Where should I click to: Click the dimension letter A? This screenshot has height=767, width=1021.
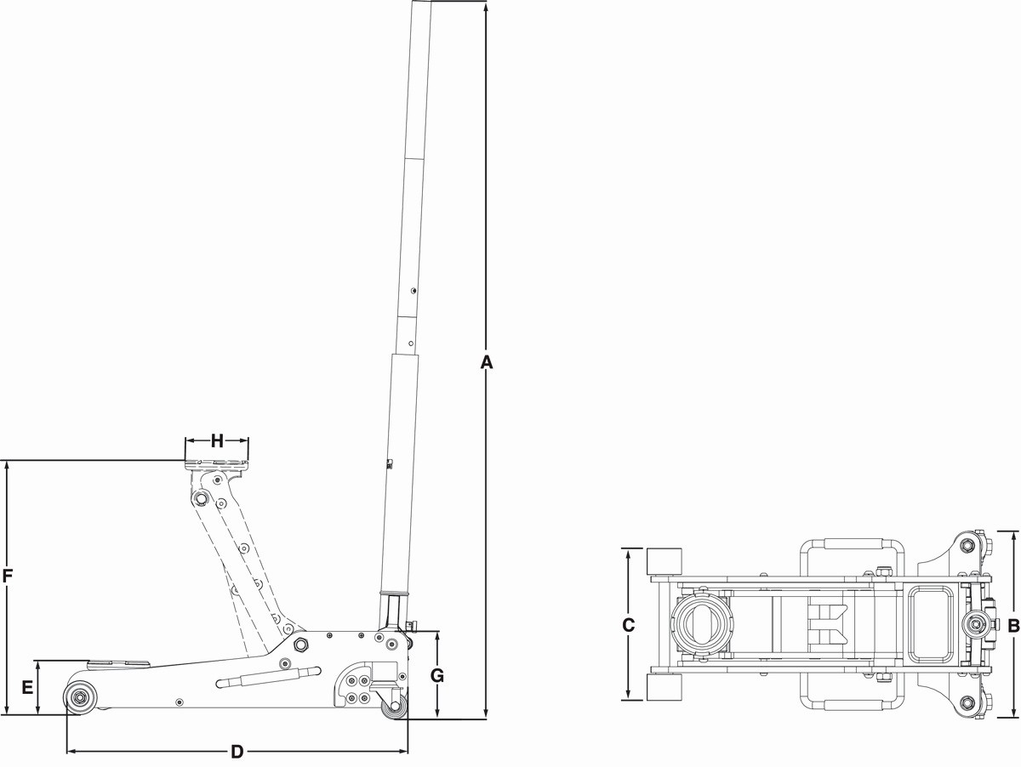tap(486, 362)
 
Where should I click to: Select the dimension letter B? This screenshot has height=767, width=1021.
tap(1013, 626)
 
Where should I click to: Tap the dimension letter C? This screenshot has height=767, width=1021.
tap(628, 625)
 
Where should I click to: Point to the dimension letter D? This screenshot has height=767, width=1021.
tap(237, 752)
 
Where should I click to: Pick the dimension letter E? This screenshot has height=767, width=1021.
tap(27, 687)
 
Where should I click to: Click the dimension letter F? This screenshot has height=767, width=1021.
tap(8, 577)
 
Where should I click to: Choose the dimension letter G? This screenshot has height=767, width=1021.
tap(436, 675)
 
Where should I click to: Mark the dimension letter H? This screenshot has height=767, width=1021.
tap(217, 440)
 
